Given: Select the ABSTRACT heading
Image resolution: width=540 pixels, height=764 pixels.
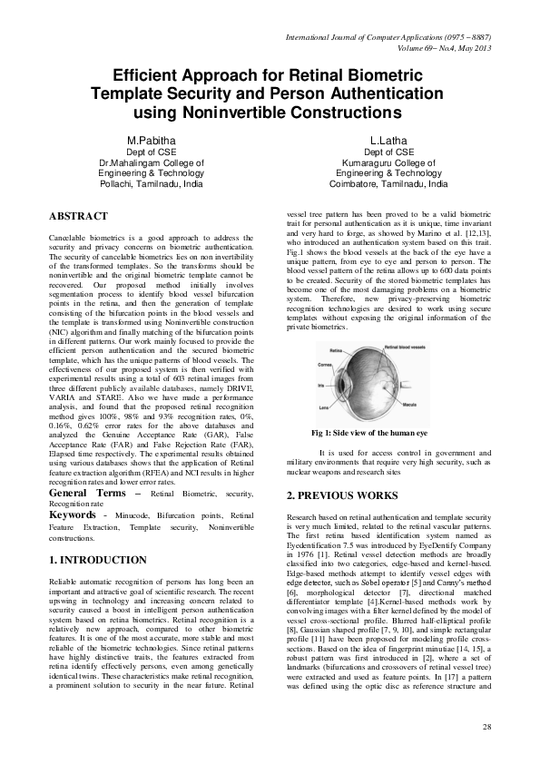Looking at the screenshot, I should [x=77, y=216].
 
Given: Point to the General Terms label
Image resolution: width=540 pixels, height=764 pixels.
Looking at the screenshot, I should [x=87, y=492].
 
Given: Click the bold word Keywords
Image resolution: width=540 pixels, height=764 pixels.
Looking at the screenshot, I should [x=74, y=514].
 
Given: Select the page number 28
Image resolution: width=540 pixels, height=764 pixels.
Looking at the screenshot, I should [x=486, y=728].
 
